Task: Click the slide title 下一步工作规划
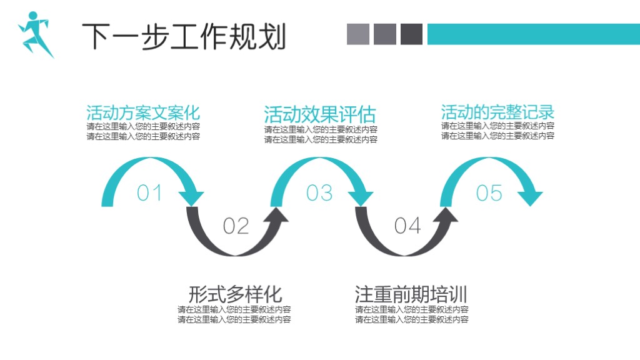tap(184, 36)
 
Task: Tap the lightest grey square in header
tap(358, 34)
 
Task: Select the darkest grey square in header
tap(412, 34)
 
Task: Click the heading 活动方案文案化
tap(143, 112)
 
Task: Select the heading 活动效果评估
tap(320, 115)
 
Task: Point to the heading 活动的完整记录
tap(497, 112)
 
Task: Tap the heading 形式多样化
tap(235, 294)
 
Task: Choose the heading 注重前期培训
tap(411, 294)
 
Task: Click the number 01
tap(149, 193)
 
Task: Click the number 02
tap(236, 226)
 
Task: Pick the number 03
tap(319, 193)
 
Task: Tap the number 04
tap(407, 225)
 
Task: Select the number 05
tap(489, 193)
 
